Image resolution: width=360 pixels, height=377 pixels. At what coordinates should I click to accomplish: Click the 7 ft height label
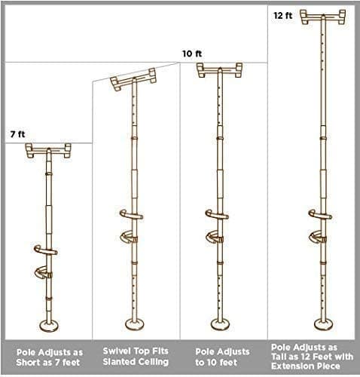pyautogui.click(x=17, y=134)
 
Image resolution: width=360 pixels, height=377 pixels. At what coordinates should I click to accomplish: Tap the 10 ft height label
pyautogui.click(x=192, y=54)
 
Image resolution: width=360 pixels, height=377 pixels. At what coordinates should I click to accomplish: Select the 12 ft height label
pyautogui.click(x=283, y=16)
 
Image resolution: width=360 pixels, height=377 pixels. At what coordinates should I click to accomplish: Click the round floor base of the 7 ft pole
pyautogui.click(x=49, y=326)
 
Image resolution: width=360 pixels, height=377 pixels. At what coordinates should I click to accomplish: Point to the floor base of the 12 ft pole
pyautogui.click(x=324, y=324)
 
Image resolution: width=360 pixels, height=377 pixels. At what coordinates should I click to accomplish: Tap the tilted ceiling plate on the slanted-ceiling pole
pyautogui.click(x=133, y=79)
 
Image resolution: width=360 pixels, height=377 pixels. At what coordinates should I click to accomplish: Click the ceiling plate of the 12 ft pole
pyautogui.click(x=323, y=17)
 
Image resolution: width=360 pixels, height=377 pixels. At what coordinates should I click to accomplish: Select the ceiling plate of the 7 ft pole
pyautogui.click(x=49, y=150)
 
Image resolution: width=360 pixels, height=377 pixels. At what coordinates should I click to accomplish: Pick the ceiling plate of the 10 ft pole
pyautogui.click(x=219, y=70)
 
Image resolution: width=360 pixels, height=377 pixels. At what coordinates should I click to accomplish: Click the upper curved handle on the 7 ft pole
pyautogui.click(x=46, y=250)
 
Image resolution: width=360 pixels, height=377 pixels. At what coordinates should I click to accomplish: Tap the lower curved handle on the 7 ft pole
pyautogui.click(x=44, y=272)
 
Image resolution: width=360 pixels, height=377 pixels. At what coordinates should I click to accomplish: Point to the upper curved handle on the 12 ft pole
pyautogui.click(x=320, y=215)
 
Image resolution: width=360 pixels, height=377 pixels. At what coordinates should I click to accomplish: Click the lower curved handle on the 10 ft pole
pyautogui.click(x=215, y=237)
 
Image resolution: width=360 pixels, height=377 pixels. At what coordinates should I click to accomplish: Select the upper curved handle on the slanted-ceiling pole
pyautogui.click(x=131, y=215)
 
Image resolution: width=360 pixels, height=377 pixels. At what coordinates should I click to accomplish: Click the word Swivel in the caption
pyautogui.click(x=114, y=351)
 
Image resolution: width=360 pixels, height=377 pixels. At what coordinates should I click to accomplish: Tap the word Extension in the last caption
pyautogui.click(x=291, y=366)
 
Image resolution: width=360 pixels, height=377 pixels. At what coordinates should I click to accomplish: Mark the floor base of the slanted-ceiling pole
pyautogui.click(x=135, y=324)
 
